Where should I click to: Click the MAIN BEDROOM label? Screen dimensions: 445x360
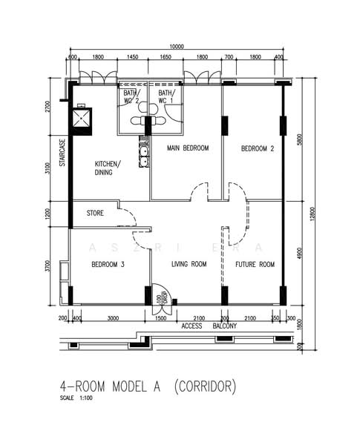[188, 148]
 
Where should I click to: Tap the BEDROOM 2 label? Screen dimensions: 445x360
[258, 148]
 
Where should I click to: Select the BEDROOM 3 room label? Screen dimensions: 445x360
[108, 264]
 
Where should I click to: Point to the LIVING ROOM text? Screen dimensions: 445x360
[189, 264]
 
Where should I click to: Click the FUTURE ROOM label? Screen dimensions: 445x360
[255, 264]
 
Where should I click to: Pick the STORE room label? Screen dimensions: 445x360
[95, 214]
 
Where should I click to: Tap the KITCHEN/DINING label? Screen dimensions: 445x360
[109, 168]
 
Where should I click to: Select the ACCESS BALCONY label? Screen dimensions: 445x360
[209, 326]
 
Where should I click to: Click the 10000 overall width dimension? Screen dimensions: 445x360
[177, 45]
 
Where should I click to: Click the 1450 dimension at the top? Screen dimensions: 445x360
[133, 57]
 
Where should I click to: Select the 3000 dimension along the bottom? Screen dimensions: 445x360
[113, 318]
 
